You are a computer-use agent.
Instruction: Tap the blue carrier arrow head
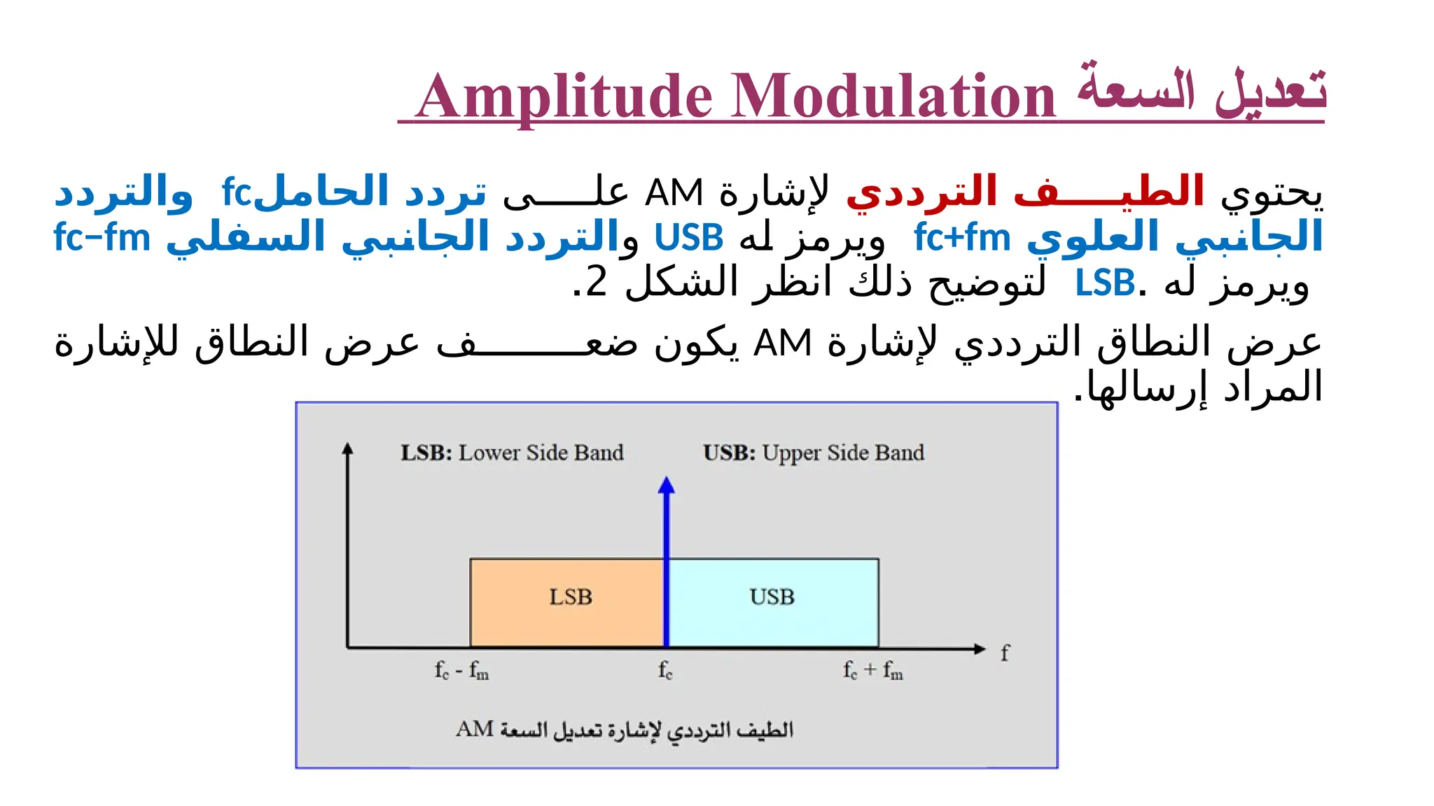[667, 486]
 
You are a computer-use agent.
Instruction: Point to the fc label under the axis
[665, 670]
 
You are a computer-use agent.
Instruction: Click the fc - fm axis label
[461, 670]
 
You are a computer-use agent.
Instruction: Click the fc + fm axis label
[872, 670]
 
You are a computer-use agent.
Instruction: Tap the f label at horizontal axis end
[1005, 653]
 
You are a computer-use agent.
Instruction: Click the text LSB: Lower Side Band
[512, 453]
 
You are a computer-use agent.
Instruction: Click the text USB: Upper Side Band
[814, 453]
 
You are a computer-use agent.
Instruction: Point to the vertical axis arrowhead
[347, 449]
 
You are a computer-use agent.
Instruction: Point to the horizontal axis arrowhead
[979, 649]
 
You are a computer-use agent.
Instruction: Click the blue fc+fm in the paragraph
[962, 238]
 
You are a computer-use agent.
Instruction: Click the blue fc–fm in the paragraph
[102, 238]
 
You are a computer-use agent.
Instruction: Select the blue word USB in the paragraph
[688, 238]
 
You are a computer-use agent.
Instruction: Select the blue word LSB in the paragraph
[1104, 283]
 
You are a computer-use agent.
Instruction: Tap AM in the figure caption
[475, 729]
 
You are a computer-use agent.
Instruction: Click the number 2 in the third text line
[596, 283]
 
